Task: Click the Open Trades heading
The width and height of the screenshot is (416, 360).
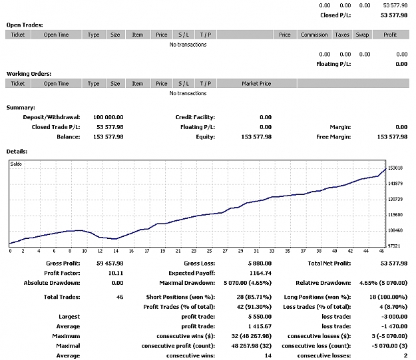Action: pos(25,25)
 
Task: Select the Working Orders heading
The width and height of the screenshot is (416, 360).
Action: pos(29,74)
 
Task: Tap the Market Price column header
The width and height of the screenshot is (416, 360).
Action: pos(256,84)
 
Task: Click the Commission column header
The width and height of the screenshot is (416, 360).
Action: pos(314,35)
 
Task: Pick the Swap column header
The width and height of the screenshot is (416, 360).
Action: pos(362,35)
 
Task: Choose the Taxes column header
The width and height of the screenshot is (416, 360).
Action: pos(342,35)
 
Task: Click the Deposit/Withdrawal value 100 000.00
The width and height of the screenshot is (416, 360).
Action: pos(108,117)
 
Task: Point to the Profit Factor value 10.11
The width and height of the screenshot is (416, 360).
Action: pos(116,273)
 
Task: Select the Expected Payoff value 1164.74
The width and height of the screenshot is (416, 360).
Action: pos(260,273)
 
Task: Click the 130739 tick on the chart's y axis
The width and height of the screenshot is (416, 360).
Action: pos(395,199)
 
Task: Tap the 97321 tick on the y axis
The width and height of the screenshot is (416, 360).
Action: pos(394,246)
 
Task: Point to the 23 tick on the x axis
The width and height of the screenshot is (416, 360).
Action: pos(194,251)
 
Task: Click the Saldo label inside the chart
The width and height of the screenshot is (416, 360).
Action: pos(16,164)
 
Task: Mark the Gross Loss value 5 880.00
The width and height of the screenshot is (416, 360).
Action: pos(260,263)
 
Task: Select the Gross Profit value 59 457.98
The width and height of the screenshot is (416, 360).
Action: pos(110,263)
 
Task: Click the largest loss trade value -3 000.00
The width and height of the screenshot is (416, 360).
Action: pos(394,317)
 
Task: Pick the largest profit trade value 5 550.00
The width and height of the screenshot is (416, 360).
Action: pos(260,317)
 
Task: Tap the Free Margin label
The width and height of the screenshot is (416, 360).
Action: pos(333,137)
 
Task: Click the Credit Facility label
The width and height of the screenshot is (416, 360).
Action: pos(195,117)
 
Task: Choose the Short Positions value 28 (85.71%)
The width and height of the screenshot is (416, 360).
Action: pos(254,297)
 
